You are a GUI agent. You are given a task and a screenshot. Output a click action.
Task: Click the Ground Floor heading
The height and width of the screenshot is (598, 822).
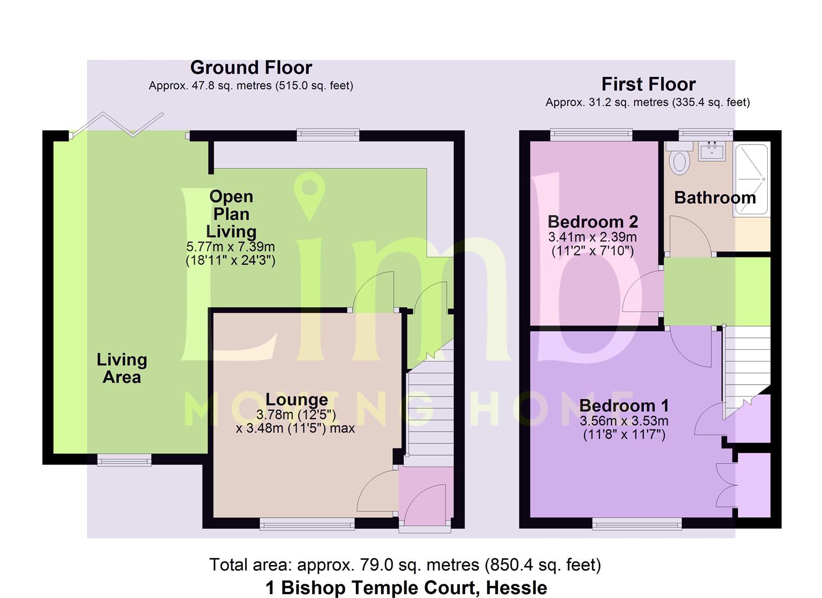pyautogui.click(x=251, y=68)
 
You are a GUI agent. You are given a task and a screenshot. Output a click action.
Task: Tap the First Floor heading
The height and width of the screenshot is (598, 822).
pyautogui.click(x=648, y=84)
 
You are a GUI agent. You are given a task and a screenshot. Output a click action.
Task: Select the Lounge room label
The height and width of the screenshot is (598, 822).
pyautogui.click(x=297, y=399)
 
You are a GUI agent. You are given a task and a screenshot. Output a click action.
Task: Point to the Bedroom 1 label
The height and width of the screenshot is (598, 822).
pyautogui.click(x=624, y=406)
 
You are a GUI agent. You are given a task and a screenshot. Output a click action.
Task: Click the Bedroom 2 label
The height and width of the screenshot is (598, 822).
pyautogui.click(x=593, y=221)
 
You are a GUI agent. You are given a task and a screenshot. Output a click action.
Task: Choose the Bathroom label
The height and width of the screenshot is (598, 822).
pyautogui.click(x=715, y=198)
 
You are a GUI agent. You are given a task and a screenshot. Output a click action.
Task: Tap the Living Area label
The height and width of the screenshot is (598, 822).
pyautogui.click(x=122, y=368)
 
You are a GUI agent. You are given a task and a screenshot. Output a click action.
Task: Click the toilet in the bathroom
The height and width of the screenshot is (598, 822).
pyautogui.click(x=679, y=158)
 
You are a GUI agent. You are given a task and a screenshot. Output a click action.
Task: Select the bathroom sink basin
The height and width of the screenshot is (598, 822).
pyautogui.click(x=711, y=151)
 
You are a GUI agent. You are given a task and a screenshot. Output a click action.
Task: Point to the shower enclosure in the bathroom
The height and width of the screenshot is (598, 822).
pyautogui.click(x=751, y=179)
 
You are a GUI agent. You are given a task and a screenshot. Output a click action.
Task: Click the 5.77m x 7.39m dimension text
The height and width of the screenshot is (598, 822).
pyautogui.click(x=230, y=247)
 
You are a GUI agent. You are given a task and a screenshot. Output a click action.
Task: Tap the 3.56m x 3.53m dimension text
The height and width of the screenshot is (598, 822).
pyautogui.click(x=624, y=421)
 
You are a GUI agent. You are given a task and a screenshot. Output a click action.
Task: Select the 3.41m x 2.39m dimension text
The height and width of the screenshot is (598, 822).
pyautogui.click(x=593, y=237)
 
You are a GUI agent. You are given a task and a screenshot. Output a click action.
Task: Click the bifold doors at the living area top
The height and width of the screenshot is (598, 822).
pyautogui.click(x=117, y=125)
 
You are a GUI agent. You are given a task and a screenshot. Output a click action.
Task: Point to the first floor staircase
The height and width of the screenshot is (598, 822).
pyautogui.click(x=746, y=371)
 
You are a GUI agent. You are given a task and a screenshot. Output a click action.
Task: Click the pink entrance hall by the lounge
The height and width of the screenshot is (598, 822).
pyautogui.click(x=426, y=496)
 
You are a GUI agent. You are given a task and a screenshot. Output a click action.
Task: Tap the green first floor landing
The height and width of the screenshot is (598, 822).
pyautogui.click(x=717, y=291)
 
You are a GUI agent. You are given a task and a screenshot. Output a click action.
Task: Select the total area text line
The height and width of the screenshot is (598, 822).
pyautogui.click(x=405, y=565)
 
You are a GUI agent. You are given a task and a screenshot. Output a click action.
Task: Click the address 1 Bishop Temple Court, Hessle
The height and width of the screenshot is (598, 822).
pyautogui.click(x=406, y=587)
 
